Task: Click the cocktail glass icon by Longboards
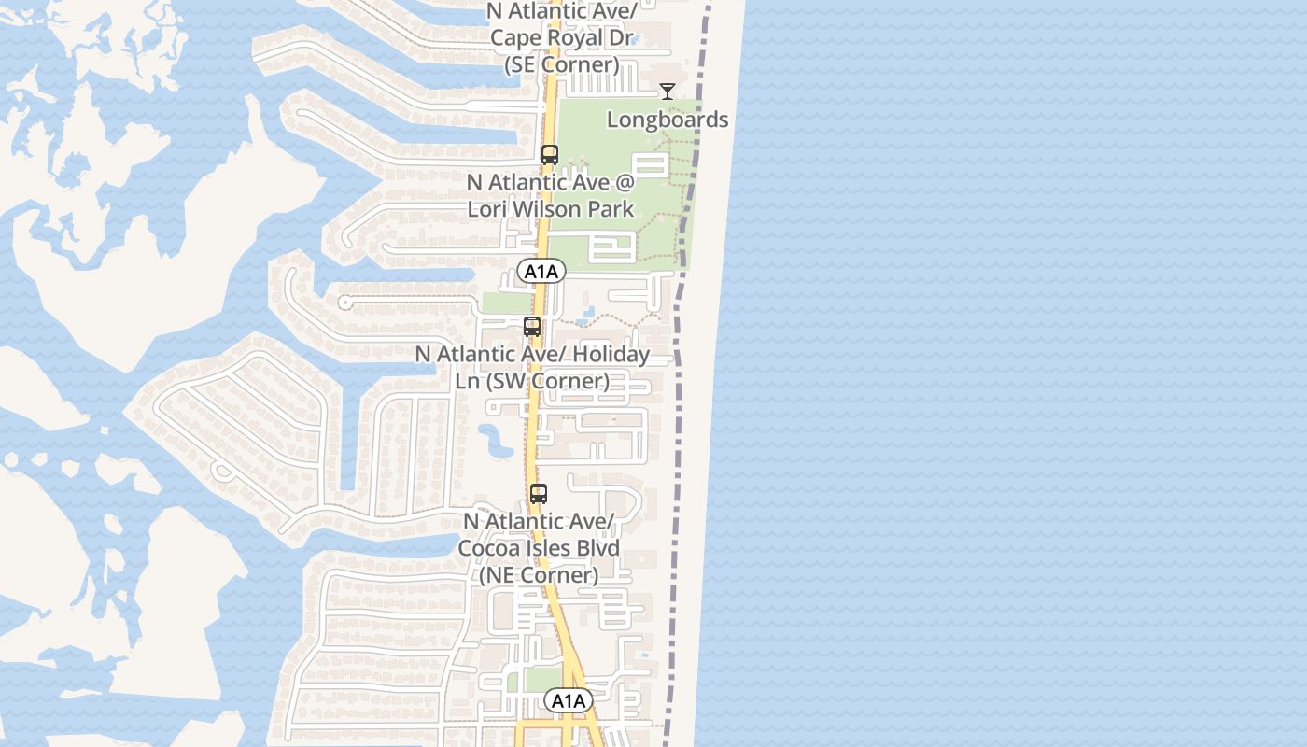pos(668,92)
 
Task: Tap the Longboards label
pos(668,120)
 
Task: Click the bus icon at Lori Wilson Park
pos(550,155)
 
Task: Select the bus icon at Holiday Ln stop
pos(532,327)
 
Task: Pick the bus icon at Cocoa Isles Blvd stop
pos(539,494)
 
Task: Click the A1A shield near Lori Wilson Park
pos(541,272)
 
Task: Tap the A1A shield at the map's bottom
pos(569,700)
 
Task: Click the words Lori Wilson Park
pos(551,208)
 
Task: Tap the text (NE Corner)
pos(539,574)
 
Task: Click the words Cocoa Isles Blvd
pos(539,547)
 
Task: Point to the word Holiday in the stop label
pos(611,355)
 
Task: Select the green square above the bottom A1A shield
pos(542,679)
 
